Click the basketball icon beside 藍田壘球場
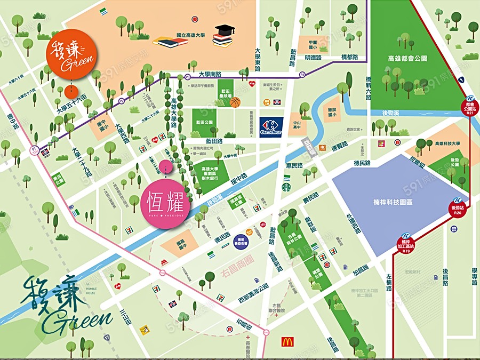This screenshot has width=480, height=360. [235, 101]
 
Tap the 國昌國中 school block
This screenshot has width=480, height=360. [180, 243]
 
